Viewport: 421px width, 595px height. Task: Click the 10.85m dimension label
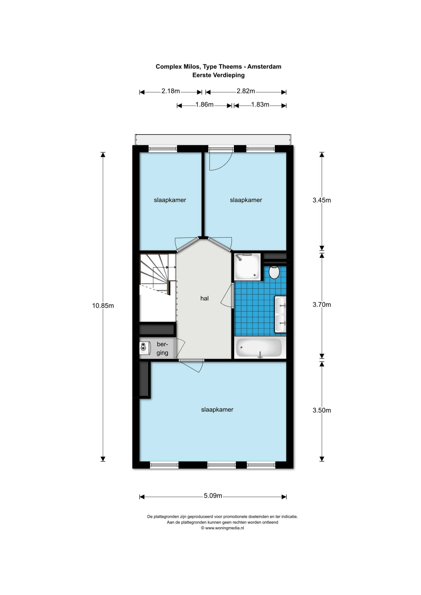pyautogui.click(x=103, y=306)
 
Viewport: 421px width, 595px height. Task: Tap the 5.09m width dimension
pyautogui.click(x=213, y=496)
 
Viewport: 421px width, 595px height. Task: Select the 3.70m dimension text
pyautogui.click(x=322, y=304)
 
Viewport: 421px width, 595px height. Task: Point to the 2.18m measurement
pyautogui.click(x=171, y=91)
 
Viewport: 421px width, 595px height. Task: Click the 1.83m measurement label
pyautogui.click(x=260, y=105)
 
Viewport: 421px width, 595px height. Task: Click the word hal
pyautogui.click(x=204, y=298)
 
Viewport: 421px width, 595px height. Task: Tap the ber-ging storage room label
pyautogui.click(x=162, y=348)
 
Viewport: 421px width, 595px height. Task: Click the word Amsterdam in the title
pyautogui.click(x=264, y=67)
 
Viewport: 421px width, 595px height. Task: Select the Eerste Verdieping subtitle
pyautogui.click(x=219, y=75)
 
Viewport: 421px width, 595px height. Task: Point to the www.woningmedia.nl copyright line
pyautogui.click(x=222, y=528)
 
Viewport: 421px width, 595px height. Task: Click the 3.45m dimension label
pyautogui.click(x=322, y=200)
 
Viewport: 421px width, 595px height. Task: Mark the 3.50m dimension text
pyautogui.click(x=322, y=410)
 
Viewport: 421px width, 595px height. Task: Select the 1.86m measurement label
pyautogui.click(x=204, y=105)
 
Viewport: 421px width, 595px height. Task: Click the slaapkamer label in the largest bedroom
pyautogui.click(x=217, y=410)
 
